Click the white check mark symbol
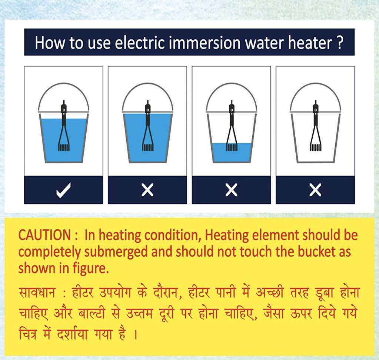coord(63,190)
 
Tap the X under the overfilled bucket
coord(147,190)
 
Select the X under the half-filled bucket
coord(231,190)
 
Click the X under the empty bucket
coord(315,190)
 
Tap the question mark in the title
coord(339,43)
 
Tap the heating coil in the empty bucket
coord(315,147)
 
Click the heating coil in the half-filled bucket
coord(232,147)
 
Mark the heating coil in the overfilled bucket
coord(147,147)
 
